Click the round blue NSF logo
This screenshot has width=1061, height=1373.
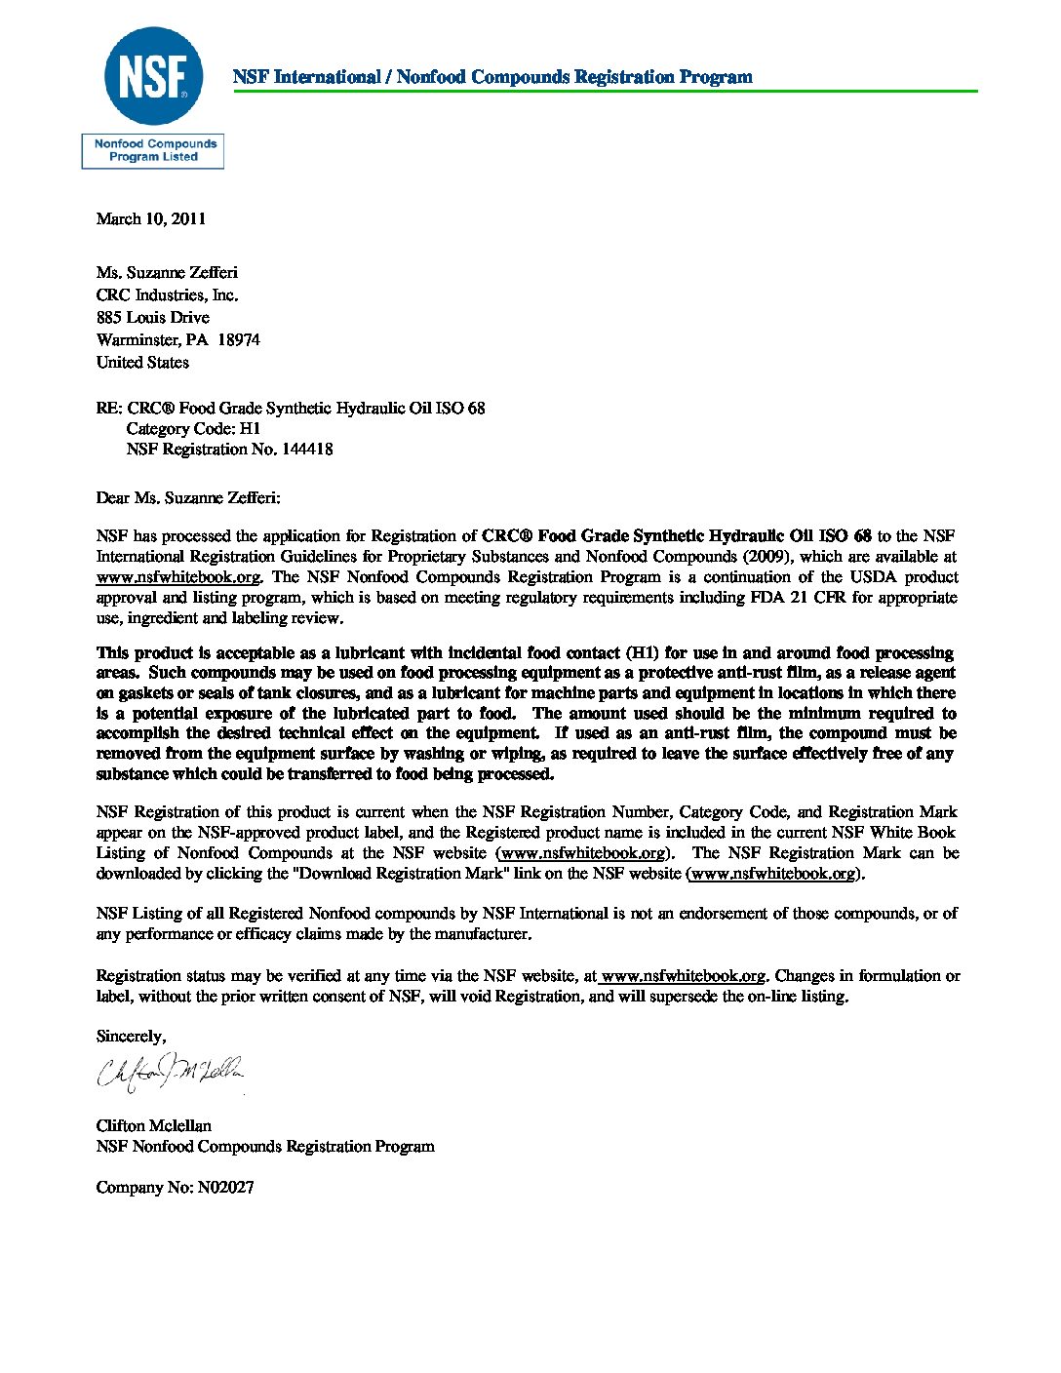point(153,77)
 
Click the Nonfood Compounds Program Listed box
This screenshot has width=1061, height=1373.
point(153,151)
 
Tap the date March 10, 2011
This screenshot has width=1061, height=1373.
point(151,218)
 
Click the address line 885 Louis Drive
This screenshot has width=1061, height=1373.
point(152,318)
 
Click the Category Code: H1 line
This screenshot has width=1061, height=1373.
point(193,429)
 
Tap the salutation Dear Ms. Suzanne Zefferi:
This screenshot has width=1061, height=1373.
point(188,498)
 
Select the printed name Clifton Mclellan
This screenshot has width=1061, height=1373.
point(153,1126)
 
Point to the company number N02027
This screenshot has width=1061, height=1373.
point(225,1188)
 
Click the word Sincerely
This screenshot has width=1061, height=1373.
point(131,1037)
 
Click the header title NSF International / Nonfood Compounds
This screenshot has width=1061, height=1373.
point(492,77)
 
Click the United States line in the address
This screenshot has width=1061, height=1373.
point(142,363)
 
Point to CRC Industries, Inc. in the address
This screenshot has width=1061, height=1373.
point(167,295)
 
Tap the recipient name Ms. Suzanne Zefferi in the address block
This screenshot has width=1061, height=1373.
point(167,273)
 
